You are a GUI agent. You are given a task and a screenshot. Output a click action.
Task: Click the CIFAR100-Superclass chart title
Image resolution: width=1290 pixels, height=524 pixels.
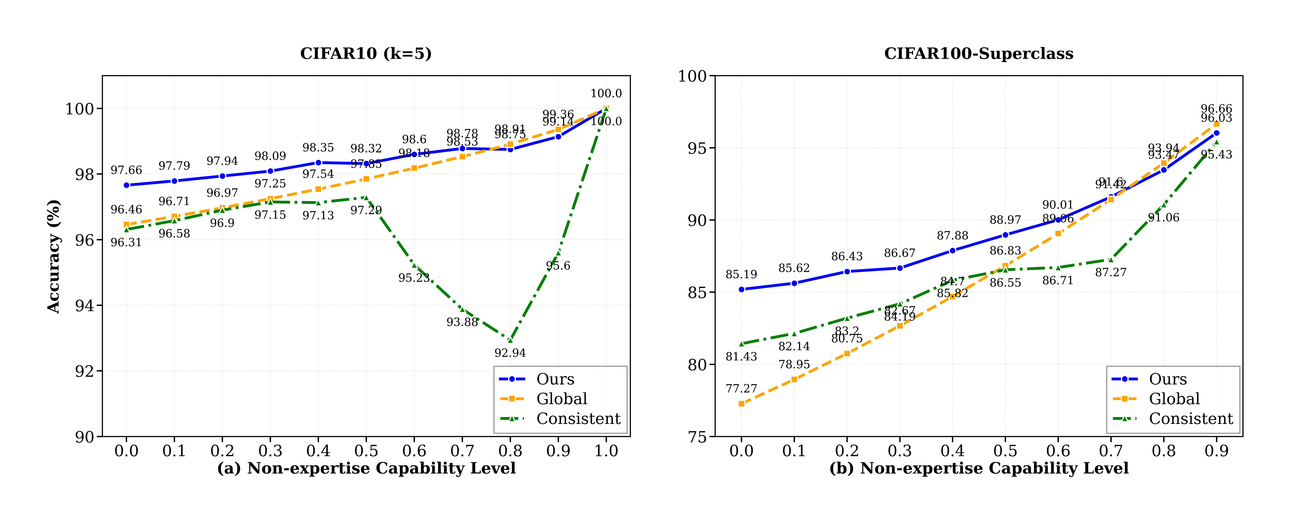click(979, 54)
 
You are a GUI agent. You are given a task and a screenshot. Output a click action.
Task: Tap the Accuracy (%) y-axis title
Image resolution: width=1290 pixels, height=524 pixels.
click(54, 256)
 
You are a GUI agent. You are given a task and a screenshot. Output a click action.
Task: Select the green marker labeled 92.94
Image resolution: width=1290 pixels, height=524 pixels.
click(510, 341)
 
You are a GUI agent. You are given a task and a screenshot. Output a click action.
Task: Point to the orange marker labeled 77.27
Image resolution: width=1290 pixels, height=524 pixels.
click(741, 404)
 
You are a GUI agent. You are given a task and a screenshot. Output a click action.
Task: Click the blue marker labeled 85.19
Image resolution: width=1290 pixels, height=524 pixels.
click(741, 290)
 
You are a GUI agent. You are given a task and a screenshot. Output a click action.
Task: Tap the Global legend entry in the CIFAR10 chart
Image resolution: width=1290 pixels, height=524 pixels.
click(561, 399)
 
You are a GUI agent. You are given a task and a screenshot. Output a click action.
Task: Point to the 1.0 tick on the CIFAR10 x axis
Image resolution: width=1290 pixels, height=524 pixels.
click(606, 451)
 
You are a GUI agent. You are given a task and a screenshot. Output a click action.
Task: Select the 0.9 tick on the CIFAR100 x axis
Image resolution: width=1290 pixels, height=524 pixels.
click(1216, 451)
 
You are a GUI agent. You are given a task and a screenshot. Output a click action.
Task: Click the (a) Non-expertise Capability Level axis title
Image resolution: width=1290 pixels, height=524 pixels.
click(366, 468)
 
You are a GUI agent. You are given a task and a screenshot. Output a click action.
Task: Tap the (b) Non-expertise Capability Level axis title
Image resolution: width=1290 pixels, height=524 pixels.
click(979, 468)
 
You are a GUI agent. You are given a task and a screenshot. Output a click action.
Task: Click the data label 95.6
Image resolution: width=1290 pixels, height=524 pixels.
click(558, 265)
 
